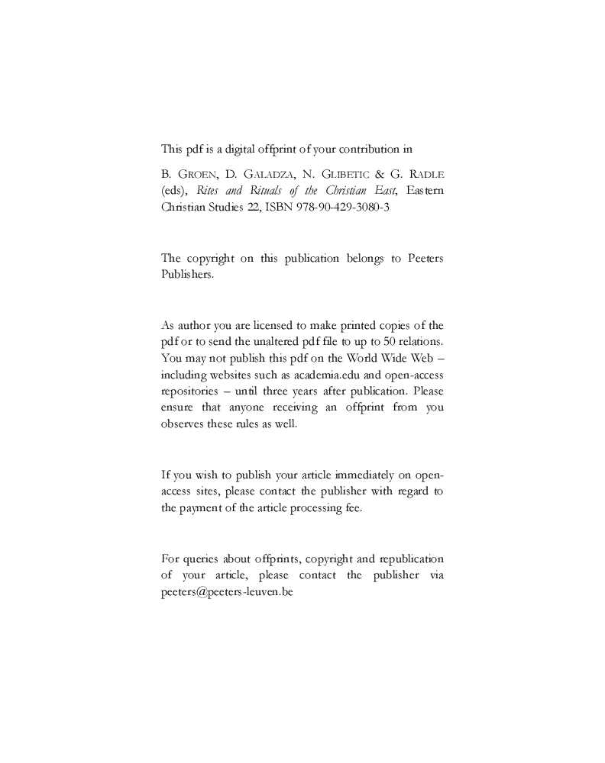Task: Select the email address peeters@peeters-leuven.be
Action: (x=227, y=591)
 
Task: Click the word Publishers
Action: (x=187, y=275)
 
